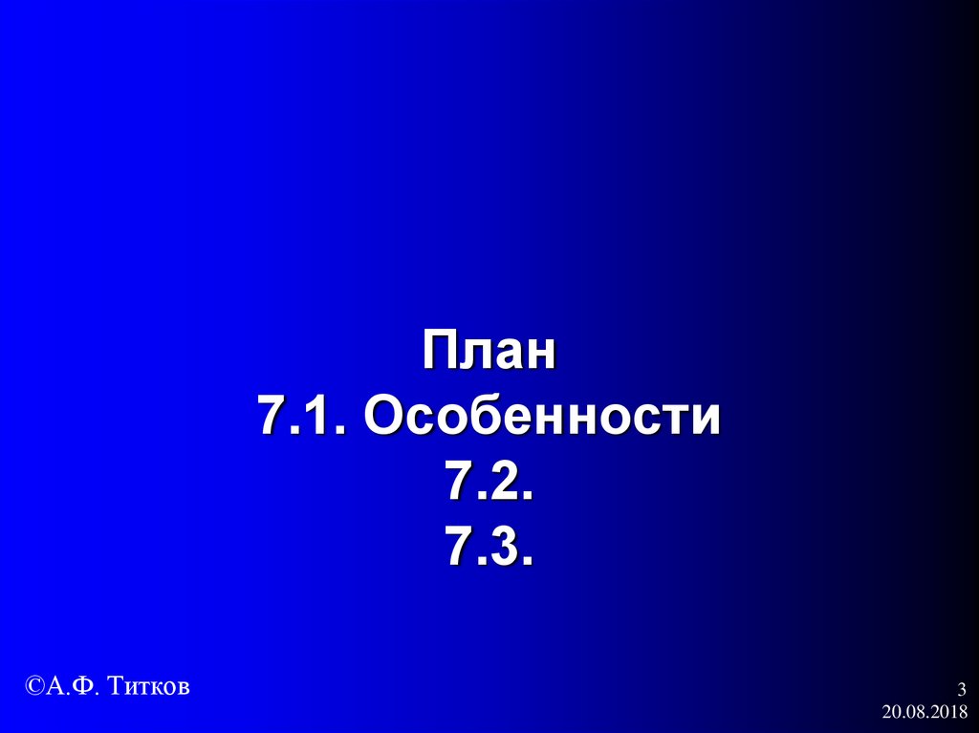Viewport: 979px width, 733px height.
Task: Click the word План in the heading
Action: click(x=489, y=353)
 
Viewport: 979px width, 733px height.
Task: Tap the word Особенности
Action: click(x=541, y=418)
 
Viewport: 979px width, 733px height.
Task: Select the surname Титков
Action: click(x=149, y=685)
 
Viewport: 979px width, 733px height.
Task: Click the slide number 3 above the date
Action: click(x=961, y=690)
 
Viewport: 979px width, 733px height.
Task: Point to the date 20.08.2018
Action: click(x=925, y=712)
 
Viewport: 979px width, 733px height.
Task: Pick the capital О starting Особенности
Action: click(x=381, y=418)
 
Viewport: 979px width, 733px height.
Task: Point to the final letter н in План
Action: click(x=539, y=355)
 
